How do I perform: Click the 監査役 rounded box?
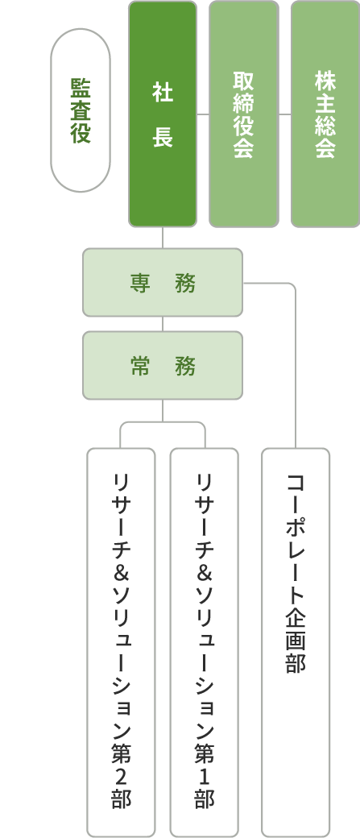81,110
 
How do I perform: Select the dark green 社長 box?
163,114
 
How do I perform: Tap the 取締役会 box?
243,114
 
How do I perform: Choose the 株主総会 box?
325,114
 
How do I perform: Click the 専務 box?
163,283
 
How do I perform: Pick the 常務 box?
163,366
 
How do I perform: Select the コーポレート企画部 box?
296,641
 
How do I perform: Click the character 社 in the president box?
163,93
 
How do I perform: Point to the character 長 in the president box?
163,138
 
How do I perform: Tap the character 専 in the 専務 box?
141,283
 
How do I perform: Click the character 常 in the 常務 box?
141,366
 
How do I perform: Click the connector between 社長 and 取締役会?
203,114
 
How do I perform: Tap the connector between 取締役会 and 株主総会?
284,114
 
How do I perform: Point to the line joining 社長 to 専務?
163,238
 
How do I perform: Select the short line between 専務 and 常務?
163,324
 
